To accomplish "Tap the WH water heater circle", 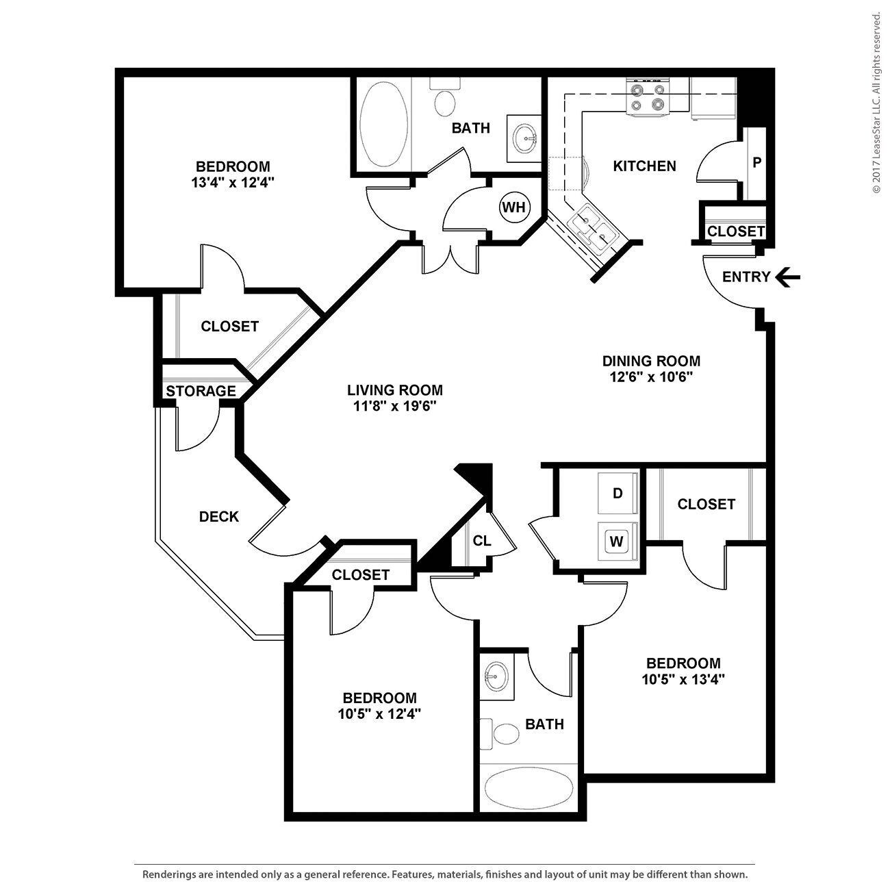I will click(x=513, y=207).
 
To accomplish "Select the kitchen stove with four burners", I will click(x=648, y=97).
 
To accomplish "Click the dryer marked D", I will click(x=618, y=494).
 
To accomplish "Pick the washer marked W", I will click(x=617, y=542).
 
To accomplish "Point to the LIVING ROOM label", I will click(x=394, y=390).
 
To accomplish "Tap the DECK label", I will click(x=219, y=517).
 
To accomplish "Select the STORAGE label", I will click(x=201, y=391).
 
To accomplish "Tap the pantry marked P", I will click(x=756, y=163).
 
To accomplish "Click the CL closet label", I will click(x=482, y=541).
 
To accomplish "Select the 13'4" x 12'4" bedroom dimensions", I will click(x=233, y=183).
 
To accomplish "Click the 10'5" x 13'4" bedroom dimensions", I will click(x=683, y=680).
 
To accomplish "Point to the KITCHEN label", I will click(x=644, y=166).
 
